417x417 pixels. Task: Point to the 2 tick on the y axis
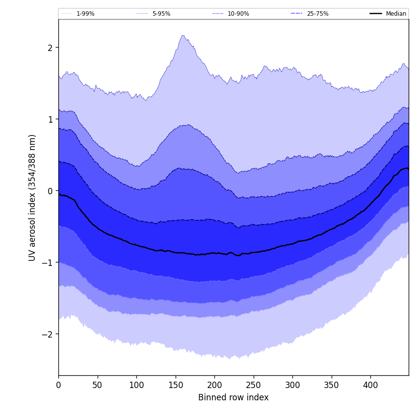(x=50, y=48)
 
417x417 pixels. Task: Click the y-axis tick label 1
(x=50, y=119)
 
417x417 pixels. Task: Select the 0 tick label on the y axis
(x=50, y=191)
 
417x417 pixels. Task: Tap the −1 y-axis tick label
(x=48, y=262)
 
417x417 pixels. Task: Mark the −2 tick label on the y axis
(x=48, y=334)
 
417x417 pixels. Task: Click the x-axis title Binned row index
(x=234, y=398)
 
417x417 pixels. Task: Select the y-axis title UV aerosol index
(x=32, y=197)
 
